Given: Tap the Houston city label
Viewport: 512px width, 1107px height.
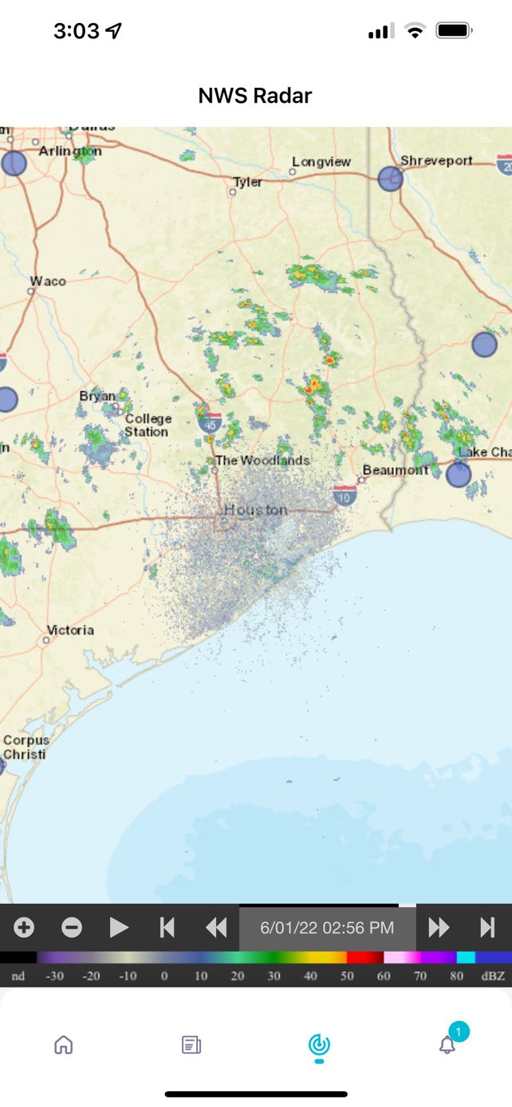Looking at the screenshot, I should coord(255,509).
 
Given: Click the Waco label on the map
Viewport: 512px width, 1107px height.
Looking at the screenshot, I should coord(48,281).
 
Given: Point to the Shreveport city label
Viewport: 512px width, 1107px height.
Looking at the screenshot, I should coord(436,161).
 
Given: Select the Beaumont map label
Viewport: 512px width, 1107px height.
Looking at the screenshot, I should coord(396,470).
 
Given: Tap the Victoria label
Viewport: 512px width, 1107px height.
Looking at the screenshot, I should coord(70,630).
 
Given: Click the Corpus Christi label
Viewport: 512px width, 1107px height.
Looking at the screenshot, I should coord(25,748).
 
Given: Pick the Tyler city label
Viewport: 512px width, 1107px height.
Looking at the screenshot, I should coord(247,183).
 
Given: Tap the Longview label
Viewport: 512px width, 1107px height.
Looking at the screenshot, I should coord(321,162).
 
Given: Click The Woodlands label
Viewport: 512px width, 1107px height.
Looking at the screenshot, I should coord(262,461).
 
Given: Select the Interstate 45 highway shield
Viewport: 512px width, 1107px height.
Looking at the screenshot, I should coord(211,422).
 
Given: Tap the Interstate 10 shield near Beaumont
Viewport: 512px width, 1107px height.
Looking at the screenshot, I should coord(345,496).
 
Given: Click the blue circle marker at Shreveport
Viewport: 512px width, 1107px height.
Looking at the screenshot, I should coord(390,179).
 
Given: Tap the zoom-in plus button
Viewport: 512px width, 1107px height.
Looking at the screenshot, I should coord(24,928).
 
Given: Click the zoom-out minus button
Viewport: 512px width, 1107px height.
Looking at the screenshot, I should coord(72,928).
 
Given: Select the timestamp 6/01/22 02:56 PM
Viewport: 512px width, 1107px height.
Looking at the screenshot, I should coord(327,928).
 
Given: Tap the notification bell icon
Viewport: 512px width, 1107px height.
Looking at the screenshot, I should coord(447,1045).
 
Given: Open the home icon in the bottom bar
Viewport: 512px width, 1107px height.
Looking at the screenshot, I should coord(63,1045).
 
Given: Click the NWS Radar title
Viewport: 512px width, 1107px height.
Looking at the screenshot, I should coord(255,96).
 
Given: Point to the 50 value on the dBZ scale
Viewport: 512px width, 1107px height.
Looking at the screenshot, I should coord(346,976).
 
